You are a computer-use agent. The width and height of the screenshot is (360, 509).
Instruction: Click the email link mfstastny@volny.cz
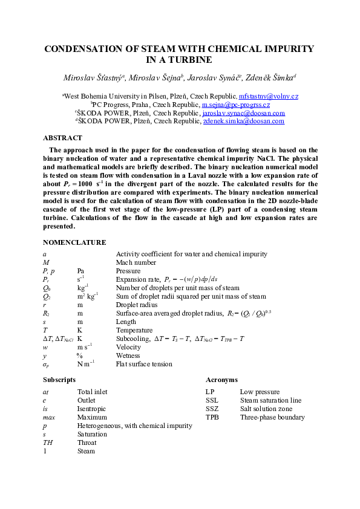[x=268, y=96]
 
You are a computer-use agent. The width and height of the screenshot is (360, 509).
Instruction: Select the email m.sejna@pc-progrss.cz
[x=235, y=105]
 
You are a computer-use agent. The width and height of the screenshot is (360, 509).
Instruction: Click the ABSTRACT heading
[x=62, y=138]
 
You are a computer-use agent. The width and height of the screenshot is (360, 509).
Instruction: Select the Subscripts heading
[x=59, y=380]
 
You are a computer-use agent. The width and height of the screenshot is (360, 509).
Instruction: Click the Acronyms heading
[x=221, y=380]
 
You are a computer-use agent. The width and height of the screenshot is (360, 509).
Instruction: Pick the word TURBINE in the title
[x=180, y=60]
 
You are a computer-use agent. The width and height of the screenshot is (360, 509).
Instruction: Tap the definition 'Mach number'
[x=136, y=263]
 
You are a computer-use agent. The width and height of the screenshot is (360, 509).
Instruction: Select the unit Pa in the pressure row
[x=81, y=271]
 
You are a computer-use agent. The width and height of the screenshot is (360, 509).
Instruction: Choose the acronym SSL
[x=212, y=400]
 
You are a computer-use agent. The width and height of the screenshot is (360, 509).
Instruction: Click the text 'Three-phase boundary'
[x=272, y=417]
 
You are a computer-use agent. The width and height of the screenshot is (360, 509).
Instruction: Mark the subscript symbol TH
[x=48, y=443]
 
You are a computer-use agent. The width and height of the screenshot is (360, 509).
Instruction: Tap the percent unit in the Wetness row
[x=79, y=356]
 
